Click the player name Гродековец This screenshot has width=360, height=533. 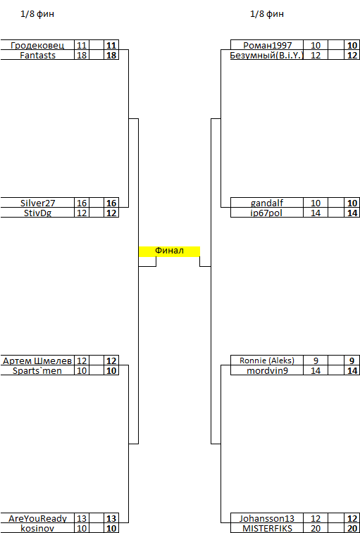click(37, 46)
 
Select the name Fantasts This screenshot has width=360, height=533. click(37, 56)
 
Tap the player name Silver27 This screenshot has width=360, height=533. click(37, 203)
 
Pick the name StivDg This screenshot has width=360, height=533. click(37, 213)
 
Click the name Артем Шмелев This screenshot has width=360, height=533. click(37, 361)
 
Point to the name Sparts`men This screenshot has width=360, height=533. click(37, 371)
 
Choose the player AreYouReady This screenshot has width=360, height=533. click(37, 519)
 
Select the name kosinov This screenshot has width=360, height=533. click(37, 529)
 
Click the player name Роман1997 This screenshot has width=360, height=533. click(268, 46)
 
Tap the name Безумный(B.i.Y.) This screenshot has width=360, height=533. click(267, 56)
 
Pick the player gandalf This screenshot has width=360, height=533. click(267, 203)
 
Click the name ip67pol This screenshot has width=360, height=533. click(267, 213)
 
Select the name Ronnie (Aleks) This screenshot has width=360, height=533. click(267, 360)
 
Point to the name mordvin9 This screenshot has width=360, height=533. click(267, 371)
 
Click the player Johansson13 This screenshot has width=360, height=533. click(267, 519)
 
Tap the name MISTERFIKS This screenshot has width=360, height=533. click(267, 529)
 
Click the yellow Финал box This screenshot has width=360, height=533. click(169, 251)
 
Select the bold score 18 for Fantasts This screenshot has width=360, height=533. click(111, 56)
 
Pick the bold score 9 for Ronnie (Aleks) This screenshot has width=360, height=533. click(352, 361)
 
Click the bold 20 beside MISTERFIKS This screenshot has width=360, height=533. click(352, 529)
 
